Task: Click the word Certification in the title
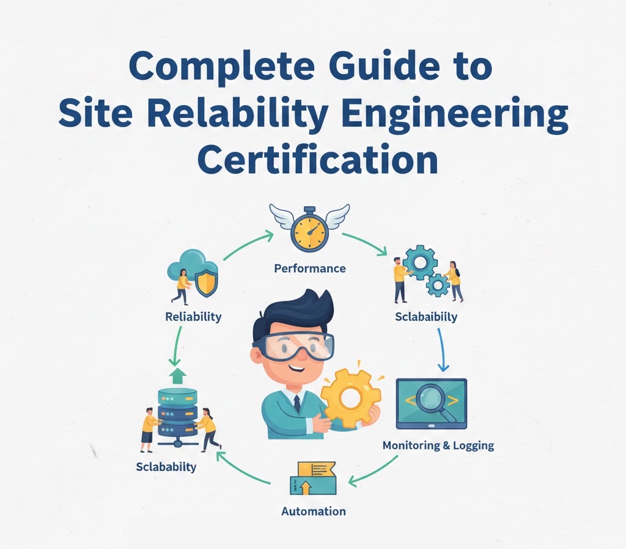tap(317, 161)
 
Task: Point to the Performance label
tap(309, 268)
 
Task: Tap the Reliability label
tap(193, 317)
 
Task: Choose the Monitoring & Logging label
tap(438, 445)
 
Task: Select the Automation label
tap(314, 511)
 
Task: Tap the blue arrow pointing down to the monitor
tap(442, 350)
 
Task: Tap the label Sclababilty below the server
tap(166, 467)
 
